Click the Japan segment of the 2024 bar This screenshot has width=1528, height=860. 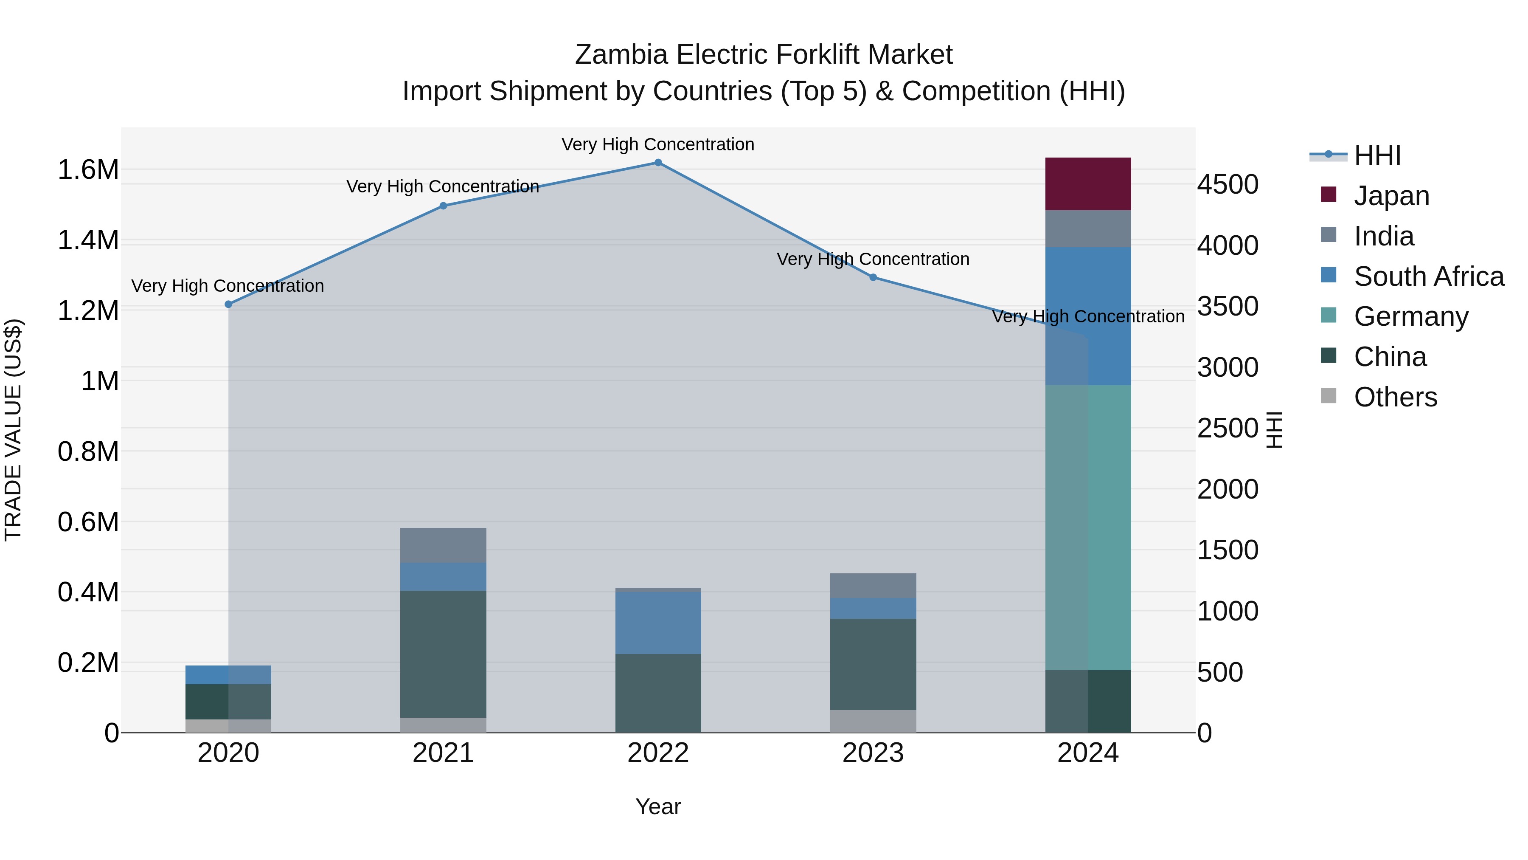tap(1087, 183)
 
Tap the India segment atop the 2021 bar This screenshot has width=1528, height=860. tap(443, 545)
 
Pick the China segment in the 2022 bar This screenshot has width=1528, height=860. tap(658, 693)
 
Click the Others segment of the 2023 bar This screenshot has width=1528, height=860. tap(873, 721)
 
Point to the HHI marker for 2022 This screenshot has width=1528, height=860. tap(658, 162)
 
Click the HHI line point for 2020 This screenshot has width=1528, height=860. tap(228, 304)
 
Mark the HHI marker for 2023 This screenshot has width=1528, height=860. tap(873, 277)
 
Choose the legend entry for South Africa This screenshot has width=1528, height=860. tap(1428, 276)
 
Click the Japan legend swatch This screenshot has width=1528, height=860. tap(1328, 195)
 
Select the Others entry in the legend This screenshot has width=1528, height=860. tap(1395, 397)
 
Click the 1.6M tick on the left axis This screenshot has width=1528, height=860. tap(88, 170)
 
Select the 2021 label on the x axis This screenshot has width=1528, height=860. tap(443, 753)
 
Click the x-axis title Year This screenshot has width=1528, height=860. tap(658, 806)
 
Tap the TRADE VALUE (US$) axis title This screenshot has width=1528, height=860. tap(13, 430)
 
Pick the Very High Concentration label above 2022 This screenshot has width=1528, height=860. tap(658, 144)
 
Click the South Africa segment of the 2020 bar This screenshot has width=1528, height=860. tap(228, 674)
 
